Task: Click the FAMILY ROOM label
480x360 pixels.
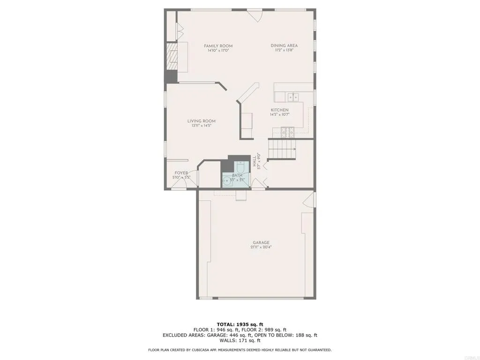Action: [x=218, y=46]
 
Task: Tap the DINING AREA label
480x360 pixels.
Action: [x=284, y=45]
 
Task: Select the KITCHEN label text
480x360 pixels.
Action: [x=279, y=110]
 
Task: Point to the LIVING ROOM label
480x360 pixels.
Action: [x=201, y=121]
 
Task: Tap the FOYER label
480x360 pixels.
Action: [x=181, y=173]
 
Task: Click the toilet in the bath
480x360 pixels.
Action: [x=240, y=167]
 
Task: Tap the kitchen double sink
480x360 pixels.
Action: [x=293, y=97]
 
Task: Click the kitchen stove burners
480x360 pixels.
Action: [x=286, y=131]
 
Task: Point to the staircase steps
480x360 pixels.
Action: [x=281, y=150]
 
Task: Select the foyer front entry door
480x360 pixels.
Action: [x=179, y=185]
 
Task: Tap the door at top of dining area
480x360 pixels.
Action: [x=255, y=15]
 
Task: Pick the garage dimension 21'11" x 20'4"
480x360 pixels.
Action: [x=261, y=247]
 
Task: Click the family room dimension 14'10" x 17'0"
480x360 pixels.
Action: [x=218, y=51]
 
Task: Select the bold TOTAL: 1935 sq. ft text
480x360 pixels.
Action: [x=240, y=324]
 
